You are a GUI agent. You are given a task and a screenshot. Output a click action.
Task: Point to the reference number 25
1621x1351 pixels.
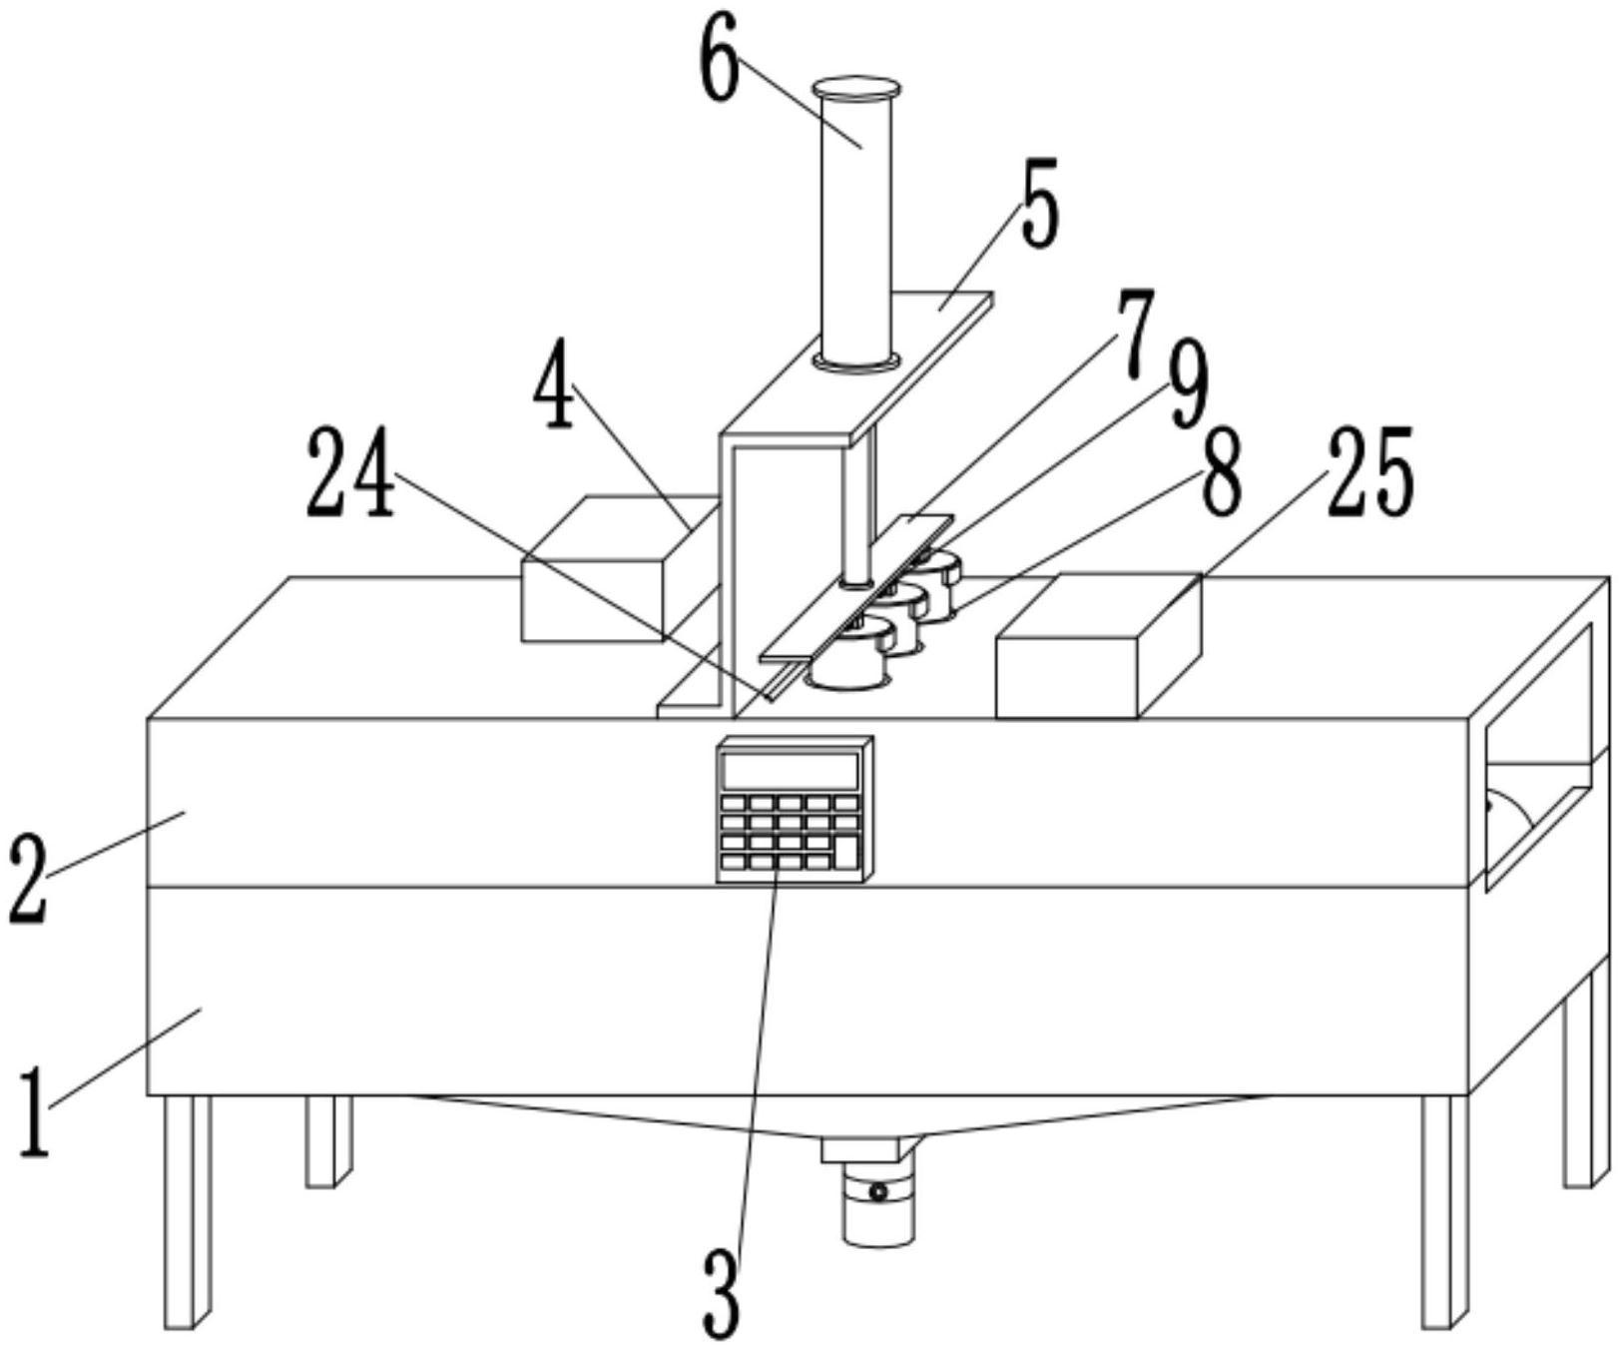[1369, 471]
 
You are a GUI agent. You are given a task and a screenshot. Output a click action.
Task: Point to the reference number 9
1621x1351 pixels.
[1188, 383]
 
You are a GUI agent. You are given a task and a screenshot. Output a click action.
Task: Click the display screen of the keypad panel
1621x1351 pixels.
[791, 771]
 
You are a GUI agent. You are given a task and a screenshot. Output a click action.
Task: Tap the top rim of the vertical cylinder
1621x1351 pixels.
[856, 89]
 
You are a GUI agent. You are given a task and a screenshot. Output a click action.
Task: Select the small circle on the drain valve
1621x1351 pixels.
[877, 1192]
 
